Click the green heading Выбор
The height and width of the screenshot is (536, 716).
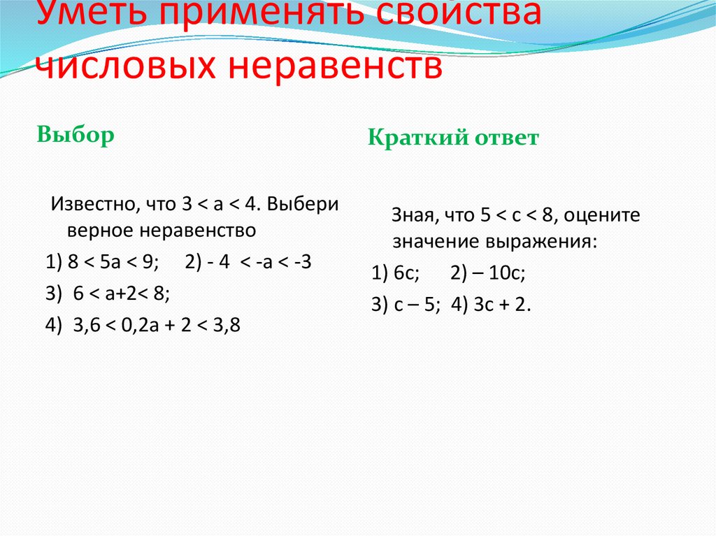coord(76,135)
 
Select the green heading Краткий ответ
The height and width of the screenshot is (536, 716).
coord(453,138)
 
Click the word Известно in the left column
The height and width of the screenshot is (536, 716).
coord(94,206)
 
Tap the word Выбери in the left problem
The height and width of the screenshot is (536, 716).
coord(302,206)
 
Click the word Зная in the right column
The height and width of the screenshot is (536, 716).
coord(412,217)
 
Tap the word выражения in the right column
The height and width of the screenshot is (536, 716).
coord(544,242)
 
